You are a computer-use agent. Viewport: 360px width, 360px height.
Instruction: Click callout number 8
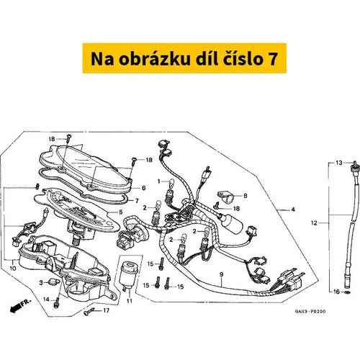245,196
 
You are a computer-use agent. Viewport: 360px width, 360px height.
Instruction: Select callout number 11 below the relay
130,301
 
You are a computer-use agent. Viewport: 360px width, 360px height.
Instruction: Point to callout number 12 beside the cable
314,223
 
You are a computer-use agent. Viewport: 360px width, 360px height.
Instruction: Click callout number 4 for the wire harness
293,210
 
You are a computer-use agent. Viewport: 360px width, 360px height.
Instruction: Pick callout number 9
221,274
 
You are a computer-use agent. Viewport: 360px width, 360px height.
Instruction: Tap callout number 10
13,268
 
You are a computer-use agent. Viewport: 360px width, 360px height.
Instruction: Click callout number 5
121,212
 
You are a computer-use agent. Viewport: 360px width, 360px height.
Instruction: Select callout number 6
143,188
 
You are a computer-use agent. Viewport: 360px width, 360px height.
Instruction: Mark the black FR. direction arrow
15,308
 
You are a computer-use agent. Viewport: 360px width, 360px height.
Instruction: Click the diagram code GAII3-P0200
310,312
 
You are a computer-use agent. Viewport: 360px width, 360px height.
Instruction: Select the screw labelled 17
89,312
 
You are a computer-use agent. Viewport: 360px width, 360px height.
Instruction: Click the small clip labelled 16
348,292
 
